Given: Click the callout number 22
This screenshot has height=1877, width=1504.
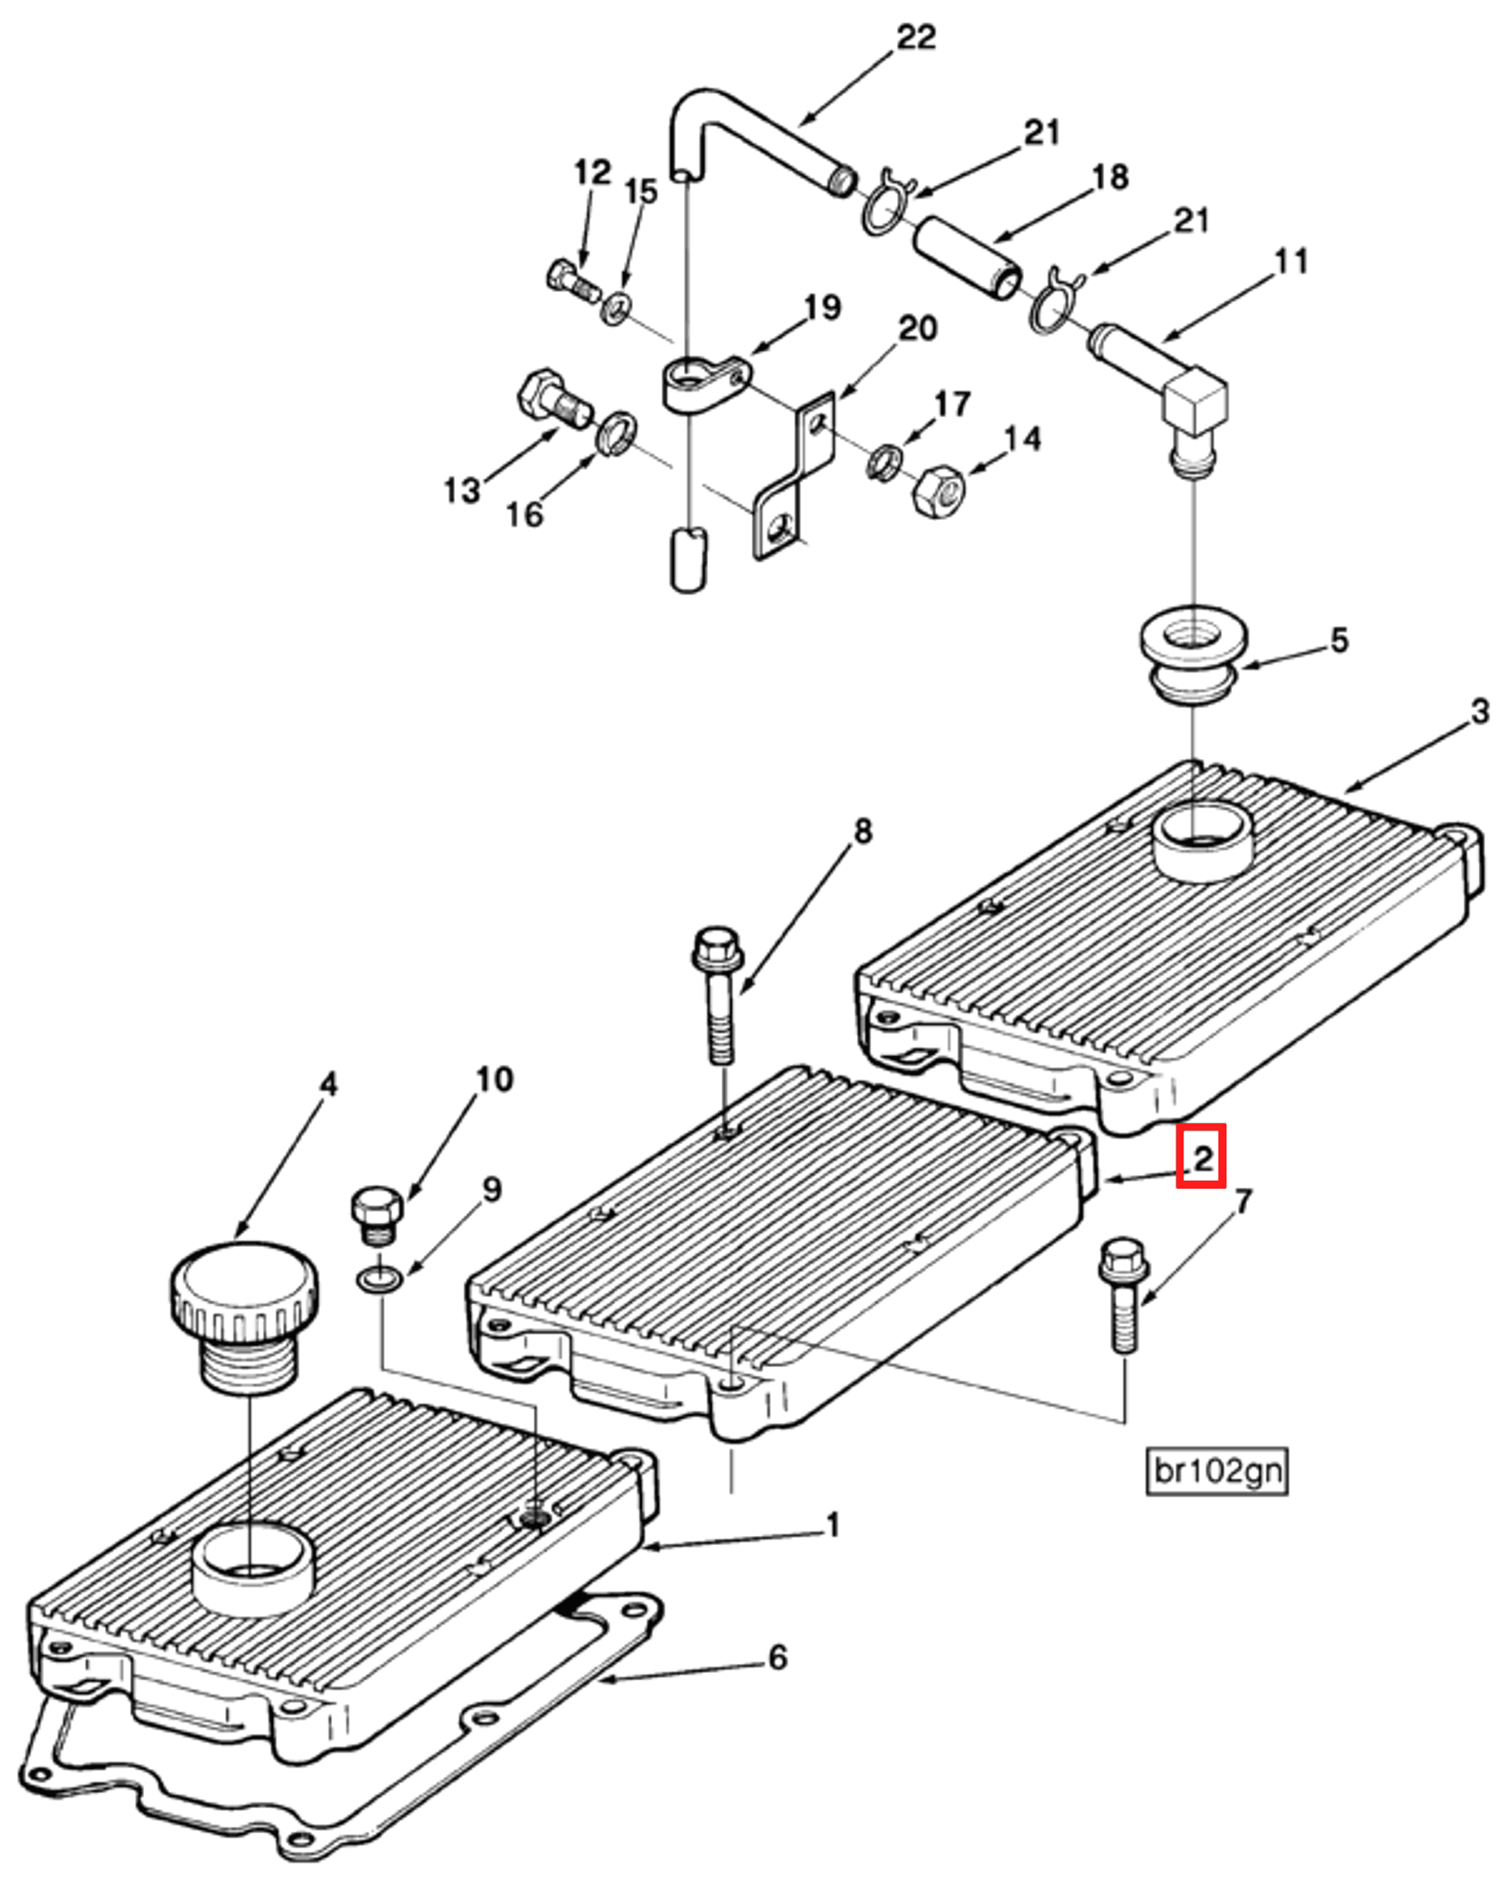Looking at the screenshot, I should click(915, 38).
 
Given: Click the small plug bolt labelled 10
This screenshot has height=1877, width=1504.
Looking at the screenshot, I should click(379, 1213).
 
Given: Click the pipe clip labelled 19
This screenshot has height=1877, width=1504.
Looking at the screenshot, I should click(703, 382).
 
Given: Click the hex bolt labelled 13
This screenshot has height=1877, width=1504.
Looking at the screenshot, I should click(551, 400).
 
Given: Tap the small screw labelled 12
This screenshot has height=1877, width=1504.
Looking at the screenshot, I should click(571, 278).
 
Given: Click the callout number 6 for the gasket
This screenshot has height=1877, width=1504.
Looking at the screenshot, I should click(777, 1658).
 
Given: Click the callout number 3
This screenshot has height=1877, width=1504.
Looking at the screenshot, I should click(1480, 712).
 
